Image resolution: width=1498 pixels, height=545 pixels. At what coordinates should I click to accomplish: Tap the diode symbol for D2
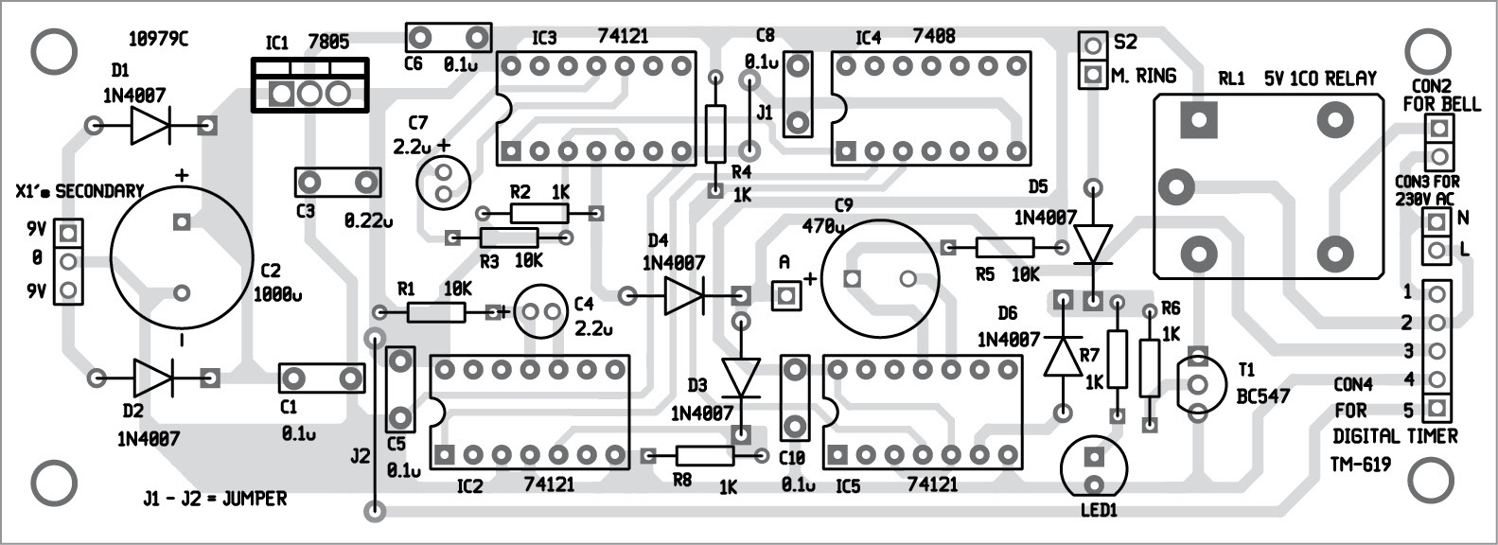coord(152,378)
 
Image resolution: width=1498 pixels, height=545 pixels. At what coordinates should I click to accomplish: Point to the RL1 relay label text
coord(1230,79)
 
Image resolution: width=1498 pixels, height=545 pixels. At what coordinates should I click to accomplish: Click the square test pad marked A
coord(784,296)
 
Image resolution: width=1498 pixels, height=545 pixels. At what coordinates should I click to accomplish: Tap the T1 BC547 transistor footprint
coord(1197,383)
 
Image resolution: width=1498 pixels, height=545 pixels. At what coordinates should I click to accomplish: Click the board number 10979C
coord(158,41)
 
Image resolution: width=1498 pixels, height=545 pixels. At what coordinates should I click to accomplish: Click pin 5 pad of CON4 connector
coord(1436,410)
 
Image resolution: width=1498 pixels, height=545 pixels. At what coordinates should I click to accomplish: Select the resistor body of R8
coord(705,457)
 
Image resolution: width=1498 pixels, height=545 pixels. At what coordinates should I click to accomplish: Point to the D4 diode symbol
coord(683,296)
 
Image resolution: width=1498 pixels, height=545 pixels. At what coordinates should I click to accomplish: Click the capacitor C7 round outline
coord(442,181)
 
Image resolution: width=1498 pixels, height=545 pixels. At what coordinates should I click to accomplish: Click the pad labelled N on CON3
coord(1436,222)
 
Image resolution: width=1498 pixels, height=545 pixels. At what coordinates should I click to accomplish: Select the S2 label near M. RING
coord(1125,43)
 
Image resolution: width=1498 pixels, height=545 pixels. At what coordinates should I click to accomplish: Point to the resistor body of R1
coord(436,312)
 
